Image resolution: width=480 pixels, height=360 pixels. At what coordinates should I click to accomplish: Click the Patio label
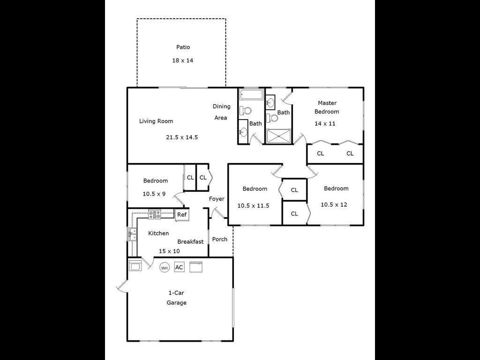pos(183,47)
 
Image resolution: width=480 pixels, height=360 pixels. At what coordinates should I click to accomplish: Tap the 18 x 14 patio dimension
pos(183,60)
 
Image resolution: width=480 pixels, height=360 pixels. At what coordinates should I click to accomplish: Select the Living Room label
pos(156,121)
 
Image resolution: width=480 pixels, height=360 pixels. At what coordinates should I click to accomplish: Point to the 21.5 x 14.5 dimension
pos(182,137)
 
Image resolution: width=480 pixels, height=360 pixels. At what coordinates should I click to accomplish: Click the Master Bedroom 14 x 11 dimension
pos(325,124)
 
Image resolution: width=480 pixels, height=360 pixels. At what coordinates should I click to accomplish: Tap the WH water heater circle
pos(165,268)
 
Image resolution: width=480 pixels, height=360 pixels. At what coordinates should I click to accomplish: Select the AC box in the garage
pos(179,267)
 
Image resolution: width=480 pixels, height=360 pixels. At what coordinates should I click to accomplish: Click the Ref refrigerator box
pos(182,215)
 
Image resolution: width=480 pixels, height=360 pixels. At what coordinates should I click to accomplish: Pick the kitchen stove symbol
pos(155,214)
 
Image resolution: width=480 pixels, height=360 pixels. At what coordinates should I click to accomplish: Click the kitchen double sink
pos(132,234)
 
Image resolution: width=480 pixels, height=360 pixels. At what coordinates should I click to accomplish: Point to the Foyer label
pos(217,199)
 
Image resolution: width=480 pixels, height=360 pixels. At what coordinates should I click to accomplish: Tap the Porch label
pos(220,240)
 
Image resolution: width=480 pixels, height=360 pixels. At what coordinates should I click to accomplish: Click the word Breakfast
pos(190,242)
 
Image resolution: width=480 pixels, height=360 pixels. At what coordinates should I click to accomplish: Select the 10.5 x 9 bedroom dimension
pos(154,194)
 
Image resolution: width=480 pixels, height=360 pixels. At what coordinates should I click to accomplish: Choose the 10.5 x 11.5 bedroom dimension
pos(254,206)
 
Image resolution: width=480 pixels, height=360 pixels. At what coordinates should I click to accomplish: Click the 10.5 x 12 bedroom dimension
pos(334,204)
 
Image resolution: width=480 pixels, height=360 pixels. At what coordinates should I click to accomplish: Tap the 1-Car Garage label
pos(177,298)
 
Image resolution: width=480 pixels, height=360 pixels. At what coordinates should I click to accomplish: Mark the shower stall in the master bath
pos(278,136)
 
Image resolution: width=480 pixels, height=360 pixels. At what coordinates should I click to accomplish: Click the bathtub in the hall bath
pos(251,95)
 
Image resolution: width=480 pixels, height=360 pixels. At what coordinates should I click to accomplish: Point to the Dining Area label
pos(221,112)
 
